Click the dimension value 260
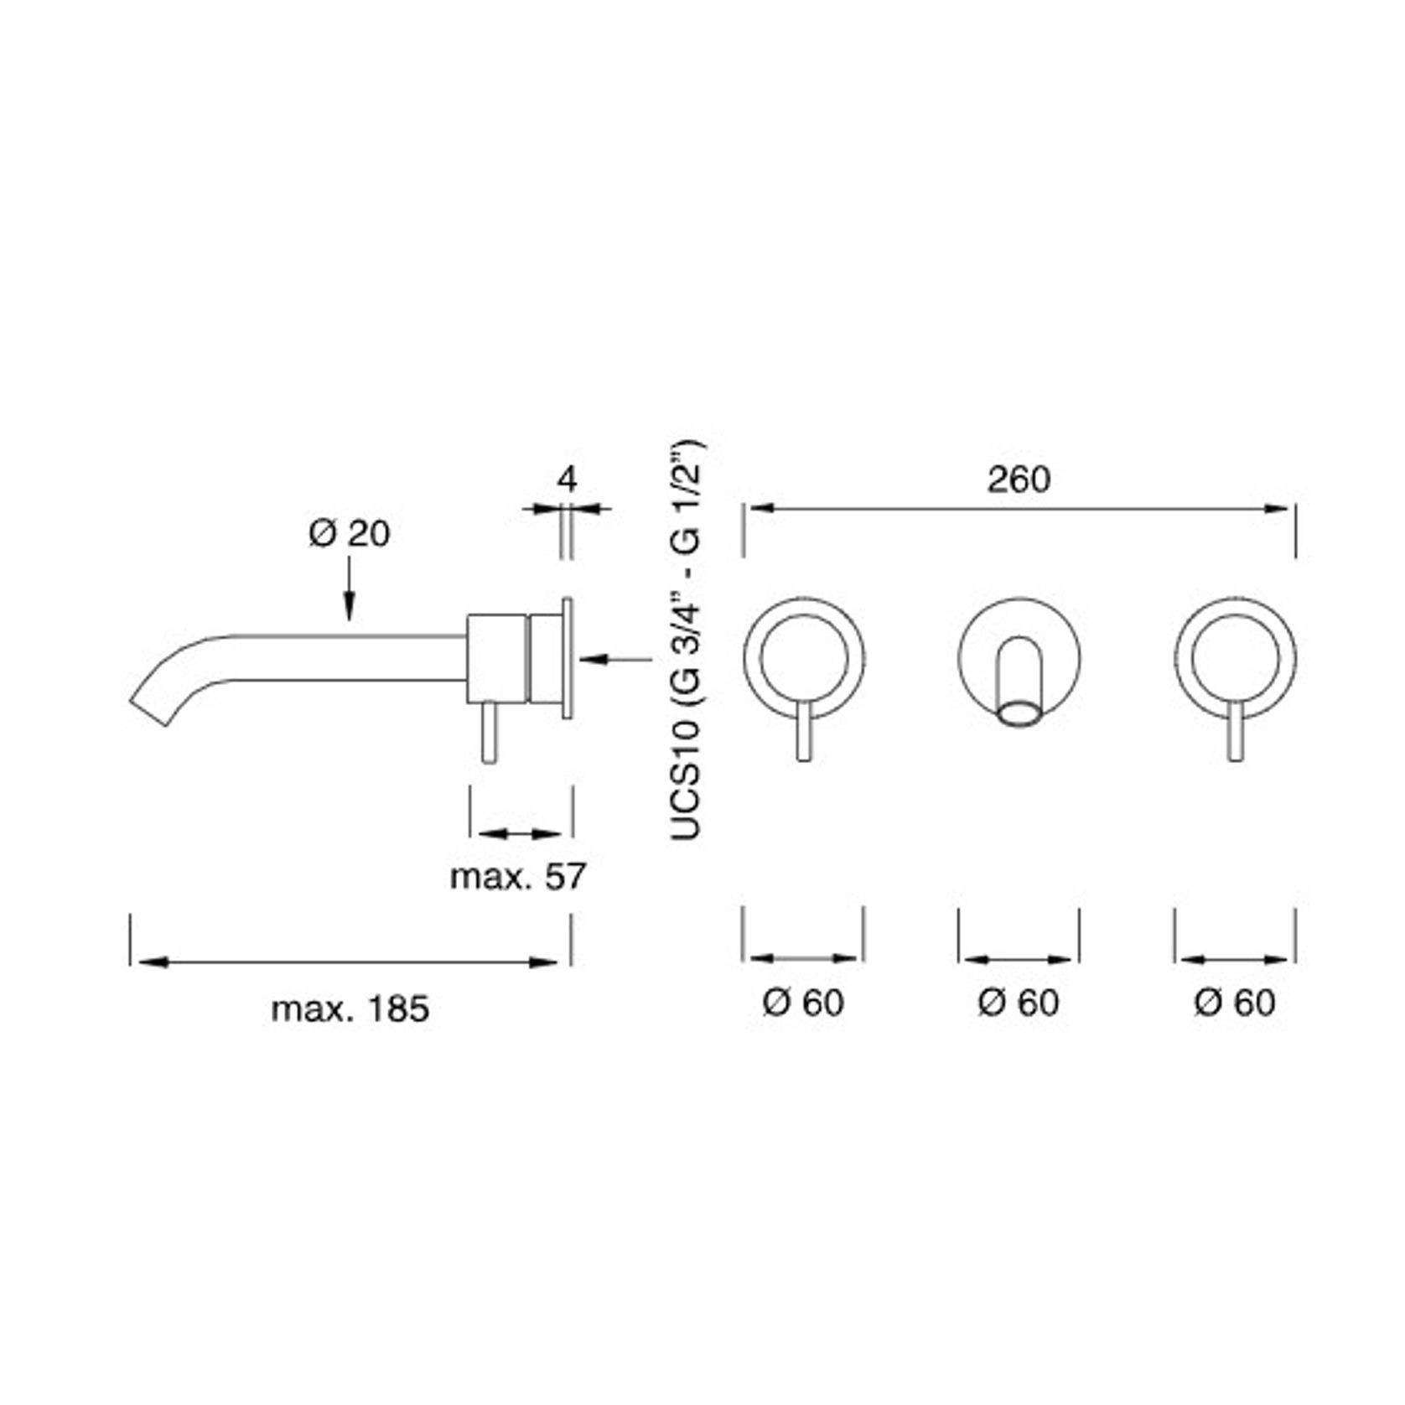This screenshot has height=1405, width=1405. coord(1018,480)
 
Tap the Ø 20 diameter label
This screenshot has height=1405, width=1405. coord(350,533)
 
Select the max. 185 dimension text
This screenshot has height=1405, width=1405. coord(350,1008)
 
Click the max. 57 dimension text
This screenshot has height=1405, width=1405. coord(517,877)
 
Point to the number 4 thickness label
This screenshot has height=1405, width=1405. coord(568,480)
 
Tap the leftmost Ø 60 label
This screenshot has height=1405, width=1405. coord(803,1003)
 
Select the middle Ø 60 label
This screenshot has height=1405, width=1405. coord(1018,1003)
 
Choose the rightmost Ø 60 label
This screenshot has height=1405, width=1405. coord(1234,1003)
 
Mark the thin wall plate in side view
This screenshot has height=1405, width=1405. coord(568,657)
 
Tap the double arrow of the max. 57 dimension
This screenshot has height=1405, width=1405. coord(520,833)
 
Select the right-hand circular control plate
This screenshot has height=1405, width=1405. coord(1235,658)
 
